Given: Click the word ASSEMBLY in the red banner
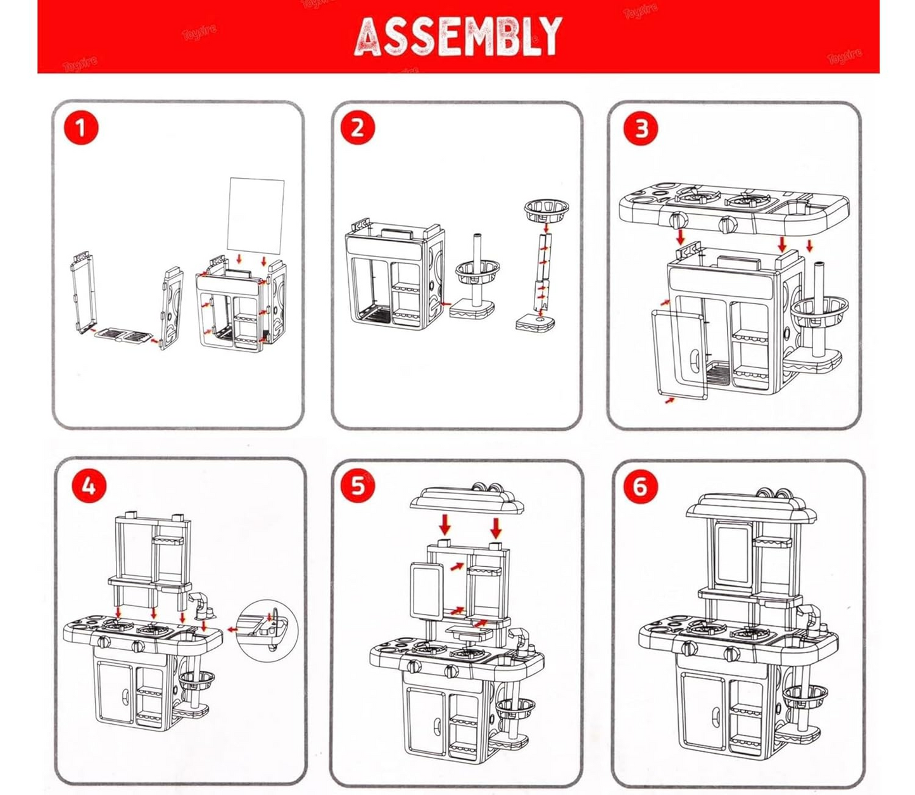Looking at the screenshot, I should tap(458, 37).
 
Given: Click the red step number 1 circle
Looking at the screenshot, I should tap(80, 128).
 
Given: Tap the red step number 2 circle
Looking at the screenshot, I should tap(358, 128).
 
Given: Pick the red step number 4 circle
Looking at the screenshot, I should tap(89, 487).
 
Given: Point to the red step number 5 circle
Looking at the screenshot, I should tap(358, 487).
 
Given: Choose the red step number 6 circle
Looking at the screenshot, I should tap(640, 487).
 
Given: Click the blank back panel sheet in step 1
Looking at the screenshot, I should tap(256, 215).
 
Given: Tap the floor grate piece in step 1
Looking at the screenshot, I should tap(125, 334).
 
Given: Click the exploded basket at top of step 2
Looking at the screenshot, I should tap(546, 208).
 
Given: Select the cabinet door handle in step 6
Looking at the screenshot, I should tap(715, 718).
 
